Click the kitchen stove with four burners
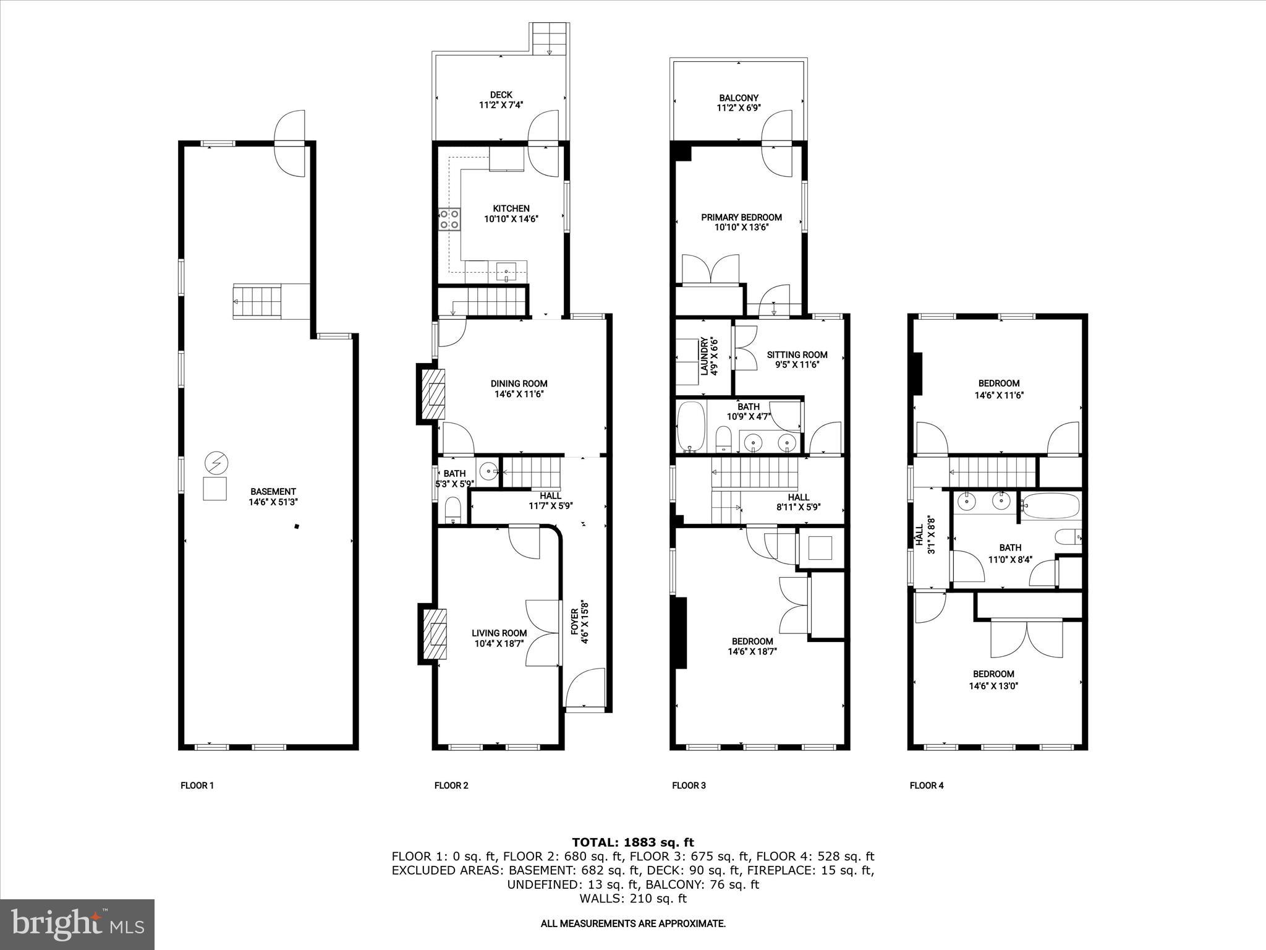[449, 219]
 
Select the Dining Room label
[519, 383]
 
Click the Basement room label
[273, 492]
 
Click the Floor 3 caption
[689, 785]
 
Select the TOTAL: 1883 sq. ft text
[632, 842]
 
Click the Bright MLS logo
[77, 924]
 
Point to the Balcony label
[738, 98]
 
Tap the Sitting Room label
[797, 354]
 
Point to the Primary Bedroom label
[741, 217]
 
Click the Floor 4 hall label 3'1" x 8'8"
[924, 535]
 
